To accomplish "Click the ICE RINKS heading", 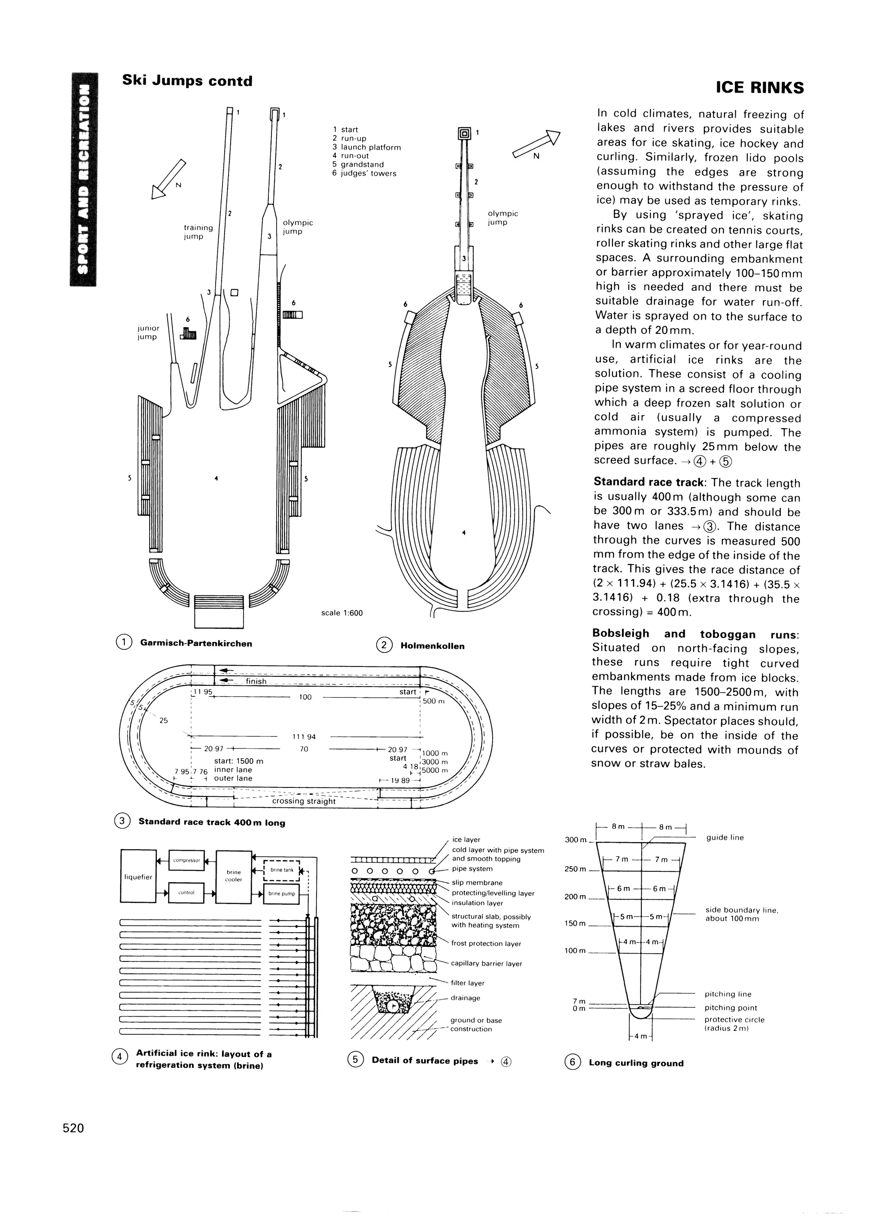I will [x=760, y=87].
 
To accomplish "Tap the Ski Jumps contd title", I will [x=187, y=81].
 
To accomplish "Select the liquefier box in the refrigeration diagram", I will [x=138, y=877].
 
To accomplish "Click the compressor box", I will [x=186, y=860].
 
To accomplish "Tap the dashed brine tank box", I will [x=282, y=870].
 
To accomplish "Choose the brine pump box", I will [x=282, y=894].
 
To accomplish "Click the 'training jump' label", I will [x=198, y=231].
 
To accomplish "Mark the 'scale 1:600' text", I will [x=342, y=613].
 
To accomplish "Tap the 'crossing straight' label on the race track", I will [x=304, y=801].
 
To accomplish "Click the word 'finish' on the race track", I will [x=256, y=681].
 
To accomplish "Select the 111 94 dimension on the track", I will [x=304, y=737].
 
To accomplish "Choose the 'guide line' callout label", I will [x=725, y=838].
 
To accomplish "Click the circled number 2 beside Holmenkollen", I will [x=385, y=646].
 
